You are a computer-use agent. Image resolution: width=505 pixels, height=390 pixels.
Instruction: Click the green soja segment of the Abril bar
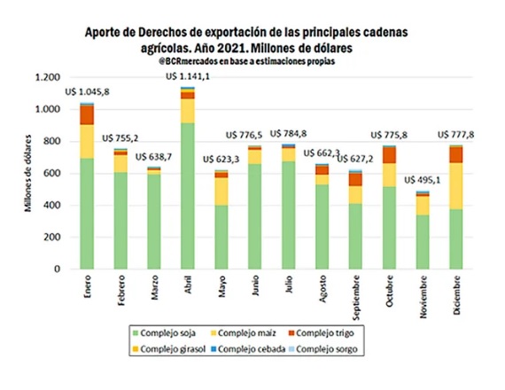[188, 196]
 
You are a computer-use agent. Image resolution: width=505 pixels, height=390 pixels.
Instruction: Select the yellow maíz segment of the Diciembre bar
[456, 186]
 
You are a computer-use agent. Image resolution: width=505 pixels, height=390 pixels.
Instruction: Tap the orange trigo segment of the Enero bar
[87, 115]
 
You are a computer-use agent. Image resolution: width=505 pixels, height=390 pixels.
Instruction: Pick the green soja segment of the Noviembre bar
[423, 242]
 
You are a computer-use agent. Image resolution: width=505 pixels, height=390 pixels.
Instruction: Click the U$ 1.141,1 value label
[188, 76]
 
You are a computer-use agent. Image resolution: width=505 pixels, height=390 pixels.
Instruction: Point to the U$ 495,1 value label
[423, 180]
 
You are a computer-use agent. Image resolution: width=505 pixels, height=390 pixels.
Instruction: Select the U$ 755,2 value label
[120, 138]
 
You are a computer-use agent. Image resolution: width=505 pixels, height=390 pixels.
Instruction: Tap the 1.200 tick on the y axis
[48, 77]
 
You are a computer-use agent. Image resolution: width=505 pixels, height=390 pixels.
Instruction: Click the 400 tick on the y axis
[52, 206]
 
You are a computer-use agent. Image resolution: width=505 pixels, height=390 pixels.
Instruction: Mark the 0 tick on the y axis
[58, 269]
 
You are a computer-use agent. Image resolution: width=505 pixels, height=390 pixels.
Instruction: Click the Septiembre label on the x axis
[356, 298]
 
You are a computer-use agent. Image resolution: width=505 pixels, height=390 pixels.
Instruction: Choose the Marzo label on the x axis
[154, 287]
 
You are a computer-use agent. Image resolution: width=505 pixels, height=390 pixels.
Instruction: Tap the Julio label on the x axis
[289, 284]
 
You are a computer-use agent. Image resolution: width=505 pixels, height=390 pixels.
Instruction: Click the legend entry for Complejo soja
[164, 333]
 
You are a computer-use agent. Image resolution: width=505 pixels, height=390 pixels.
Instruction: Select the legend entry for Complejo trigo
[321, 333]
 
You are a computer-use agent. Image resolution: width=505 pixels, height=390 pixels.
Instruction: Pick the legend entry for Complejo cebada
[248, 349]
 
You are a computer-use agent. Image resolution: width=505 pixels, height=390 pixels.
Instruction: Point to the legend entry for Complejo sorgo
[323, 349]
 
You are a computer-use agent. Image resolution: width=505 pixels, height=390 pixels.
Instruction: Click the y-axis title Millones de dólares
[28, 173]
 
